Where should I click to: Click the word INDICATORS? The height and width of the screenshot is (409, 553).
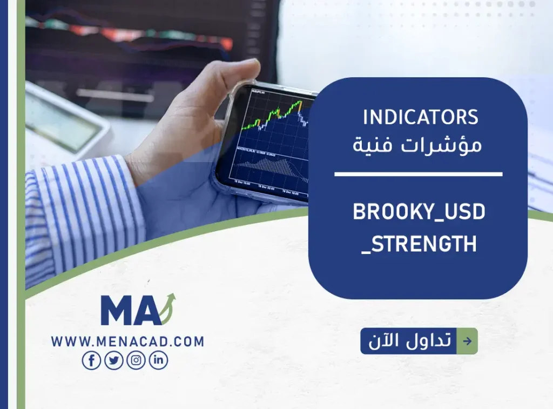pyautogui.click(x=421, y=117)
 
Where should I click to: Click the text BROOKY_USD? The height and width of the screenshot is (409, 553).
pyautogui.click(x=419, y=212)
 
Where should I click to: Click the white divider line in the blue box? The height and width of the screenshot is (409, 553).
pyautogui.click(x=418, y=175)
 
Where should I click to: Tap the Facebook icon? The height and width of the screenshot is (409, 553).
pyautogui.click(x=91, y=360)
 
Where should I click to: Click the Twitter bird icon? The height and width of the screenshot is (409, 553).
pyautogui.click(x=113, y=360)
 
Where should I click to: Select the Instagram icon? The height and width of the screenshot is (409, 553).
pyautogui.click(x=136, y=360)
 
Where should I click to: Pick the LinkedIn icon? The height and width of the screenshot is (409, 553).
pyautogui.click(x=158, y=360)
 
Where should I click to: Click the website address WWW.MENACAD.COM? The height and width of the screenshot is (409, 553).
pyautogui.click(x=127, y=341)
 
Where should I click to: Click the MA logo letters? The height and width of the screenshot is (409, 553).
pyautogui.click(x=130, y=311)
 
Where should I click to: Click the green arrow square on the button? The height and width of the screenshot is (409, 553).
pyautogui.click(x=467, y=341)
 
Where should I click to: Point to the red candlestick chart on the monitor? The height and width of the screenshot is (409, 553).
pyautogui.click(x=135, y=32)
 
